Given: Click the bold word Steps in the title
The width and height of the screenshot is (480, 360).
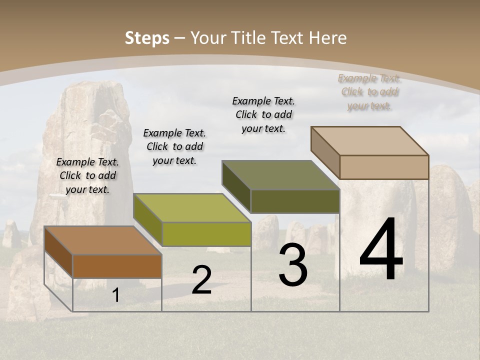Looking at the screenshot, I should tap(147, 38).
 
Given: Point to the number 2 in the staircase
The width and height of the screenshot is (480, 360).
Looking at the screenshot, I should tap(201, 280).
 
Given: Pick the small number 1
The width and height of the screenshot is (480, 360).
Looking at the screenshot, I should tap(116, 295).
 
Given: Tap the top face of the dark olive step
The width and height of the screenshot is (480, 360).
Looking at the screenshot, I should tap(280, 175).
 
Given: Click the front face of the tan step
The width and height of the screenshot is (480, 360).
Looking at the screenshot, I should tap(384, 167).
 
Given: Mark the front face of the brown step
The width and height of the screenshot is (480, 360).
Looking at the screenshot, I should tap(117, 266).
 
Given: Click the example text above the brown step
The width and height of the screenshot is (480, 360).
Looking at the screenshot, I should tap(87, 175).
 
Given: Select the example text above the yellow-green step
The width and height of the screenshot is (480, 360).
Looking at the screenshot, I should tap(174, 146).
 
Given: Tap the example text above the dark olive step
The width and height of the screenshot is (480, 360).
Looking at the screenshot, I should tap(263, 114).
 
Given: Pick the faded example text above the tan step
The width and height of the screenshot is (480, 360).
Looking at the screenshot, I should tap(369, 91).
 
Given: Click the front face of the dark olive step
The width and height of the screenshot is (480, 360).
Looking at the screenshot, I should tap(295, 201).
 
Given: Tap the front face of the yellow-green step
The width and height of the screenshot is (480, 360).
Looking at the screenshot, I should tap(206, 234).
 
